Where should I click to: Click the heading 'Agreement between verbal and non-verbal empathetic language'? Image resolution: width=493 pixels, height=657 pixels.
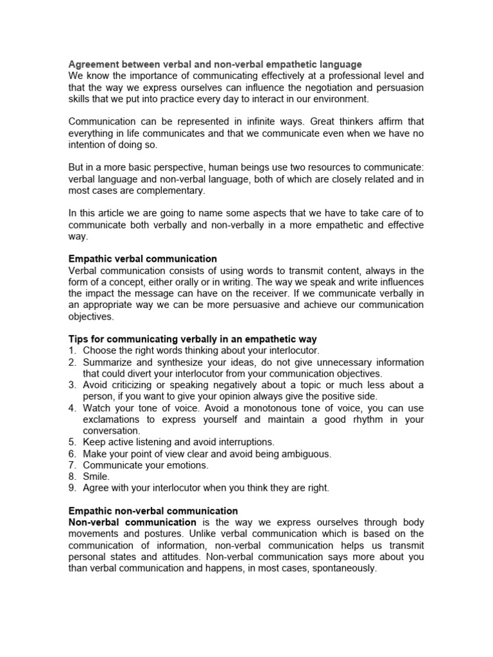pyautogui.click(x=215, y=64)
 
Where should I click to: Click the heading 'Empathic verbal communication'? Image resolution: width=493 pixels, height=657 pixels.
pyautogui.click(x=143, y=259)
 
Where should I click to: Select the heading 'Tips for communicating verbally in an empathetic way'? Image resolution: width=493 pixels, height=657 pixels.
pyautogui.click(x=193, y=339)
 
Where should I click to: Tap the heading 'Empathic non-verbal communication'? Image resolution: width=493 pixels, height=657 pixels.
pyautogui.click(x=153, y=511)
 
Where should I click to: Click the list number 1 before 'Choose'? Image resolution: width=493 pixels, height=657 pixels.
pyautogui.click(x=72, y=350)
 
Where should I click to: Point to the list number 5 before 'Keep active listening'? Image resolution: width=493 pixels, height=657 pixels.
pyautogui.click(x=72, y=442)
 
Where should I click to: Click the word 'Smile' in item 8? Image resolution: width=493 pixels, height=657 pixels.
pyautogui.click(x=96, y=477)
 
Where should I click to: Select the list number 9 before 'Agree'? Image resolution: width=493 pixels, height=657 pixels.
pyautogui.click(x=72, y=488)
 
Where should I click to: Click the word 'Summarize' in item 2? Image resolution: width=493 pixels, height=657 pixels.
pyautogui.click(x=107, y=362)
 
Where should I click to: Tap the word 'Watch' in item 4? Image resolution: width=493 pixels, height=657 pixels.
pyautogui.click(x=96, y=408)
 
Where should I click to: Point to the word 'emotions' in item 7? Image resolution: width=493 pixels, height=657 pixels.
pyautogui.click(x=187, y=465)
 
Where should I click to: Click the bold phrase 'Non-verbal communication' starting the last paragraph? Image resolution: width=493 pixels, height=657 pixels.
pyautogui.click(x=132, y=523)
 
